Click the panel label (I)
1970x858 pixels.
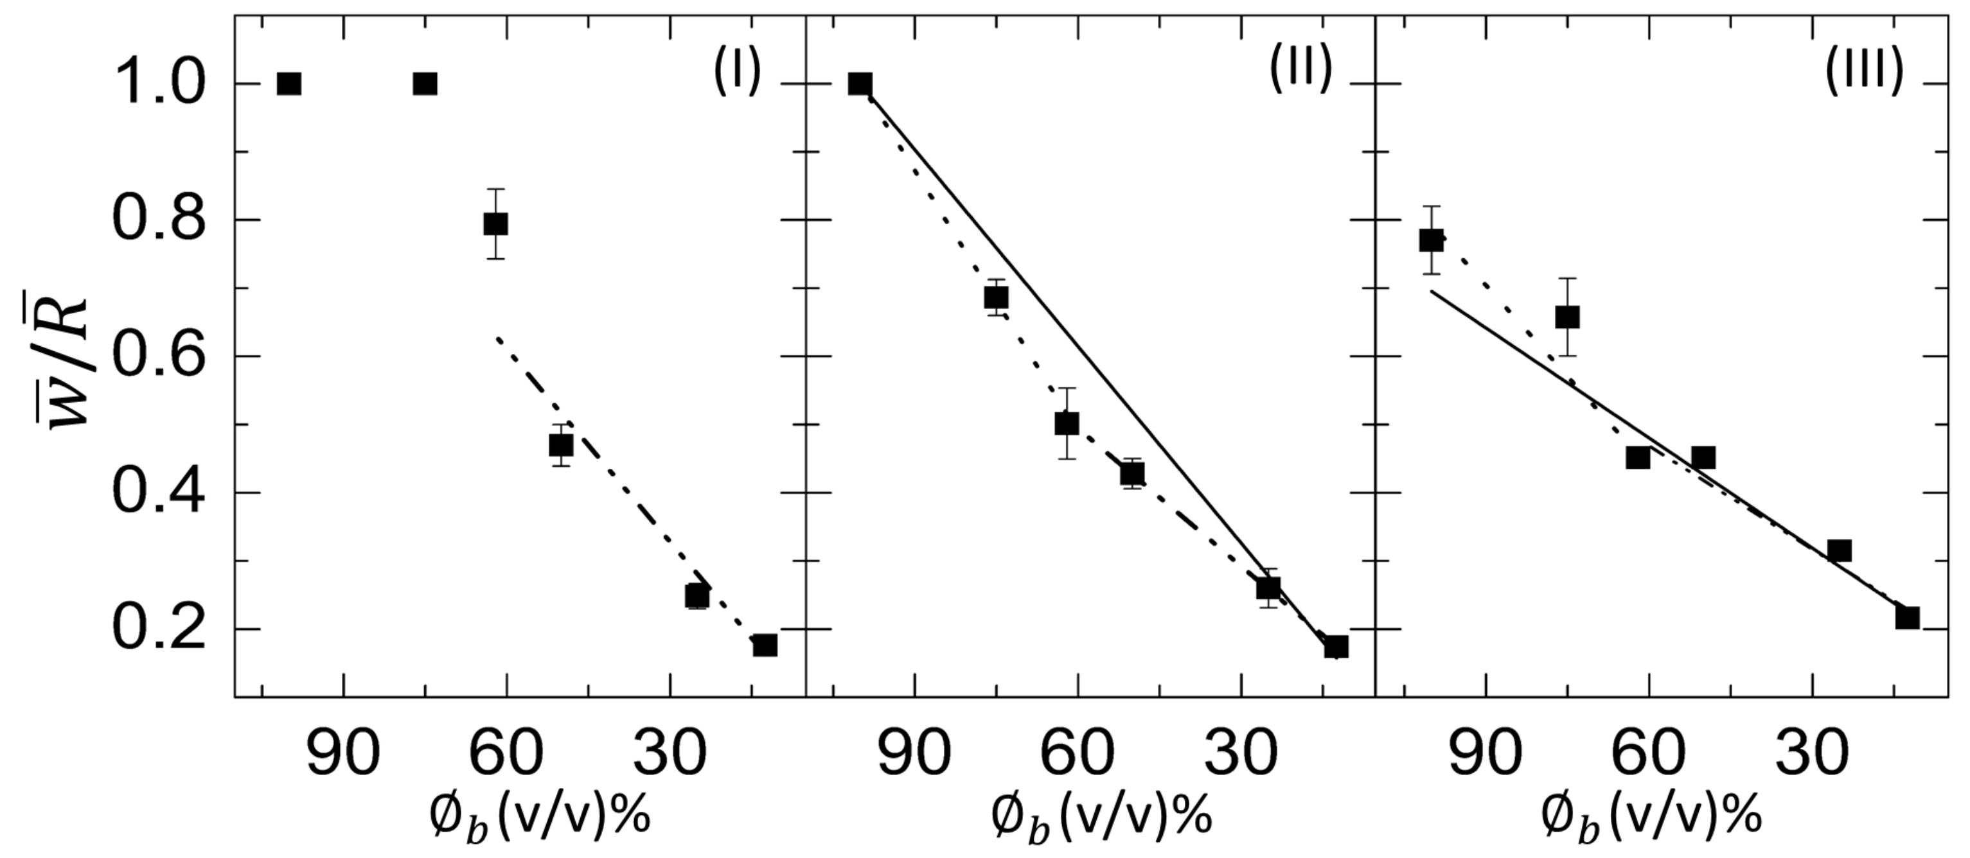tap(737, 71)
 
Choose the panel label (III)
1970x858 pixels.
tap(1864, 71)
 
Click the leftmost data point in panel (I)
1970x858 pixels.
tap(288, 84)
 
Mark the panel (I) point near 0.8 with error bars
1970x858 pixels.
tap(495, 224)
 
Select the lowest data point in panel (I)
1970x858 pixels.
tap(765, 645)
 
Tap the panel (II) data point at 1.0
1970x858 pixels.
tap(860, 84)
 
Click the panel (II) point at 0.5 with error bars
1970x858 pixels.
tap(1066, 423)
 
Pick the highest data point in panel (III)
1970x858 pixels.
tap(1431, 240)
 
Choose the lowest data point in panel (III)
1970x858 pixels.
tap(1907, 618)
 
